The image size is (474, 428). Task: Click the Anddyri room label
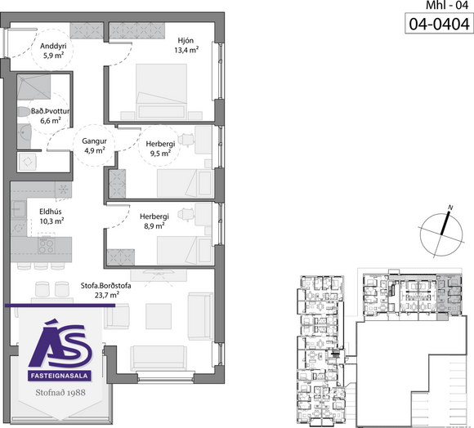coord(53,47)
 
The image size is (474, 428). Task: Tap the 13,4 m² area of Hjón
coord(186,50)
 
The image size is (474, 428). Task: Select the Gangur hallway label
coord(94,140)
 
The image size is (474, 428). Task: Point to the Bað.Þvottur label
coord(50,111)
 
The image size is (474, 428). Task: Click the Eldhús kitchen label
coord(51,212)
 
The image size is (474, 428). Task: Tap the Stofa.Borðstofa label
coord(105,285)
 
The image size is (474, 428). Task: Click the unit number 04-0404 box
coord(439,24)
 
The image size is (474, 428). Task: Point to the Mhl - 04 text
coord(447,5)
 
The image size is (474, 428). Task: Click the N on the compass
coord(450,207)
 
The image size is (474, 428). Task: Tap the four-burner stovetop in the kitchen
coord(47,245)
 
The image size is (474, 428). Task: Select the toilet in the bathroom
coord(25,111)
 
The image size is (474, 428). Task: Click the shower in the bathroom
coord(34,87)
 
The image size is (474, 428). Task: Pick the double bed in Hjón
coord(161,91)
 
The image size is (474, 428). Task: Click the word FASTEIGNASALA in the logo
coord(59,376)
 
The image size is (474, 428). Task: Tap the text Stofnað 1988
coord(60,392)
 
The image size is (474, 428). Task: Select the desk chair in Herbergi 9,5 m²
coord(186,139)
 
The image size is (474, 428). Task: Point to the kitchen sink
coord(19,209)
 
